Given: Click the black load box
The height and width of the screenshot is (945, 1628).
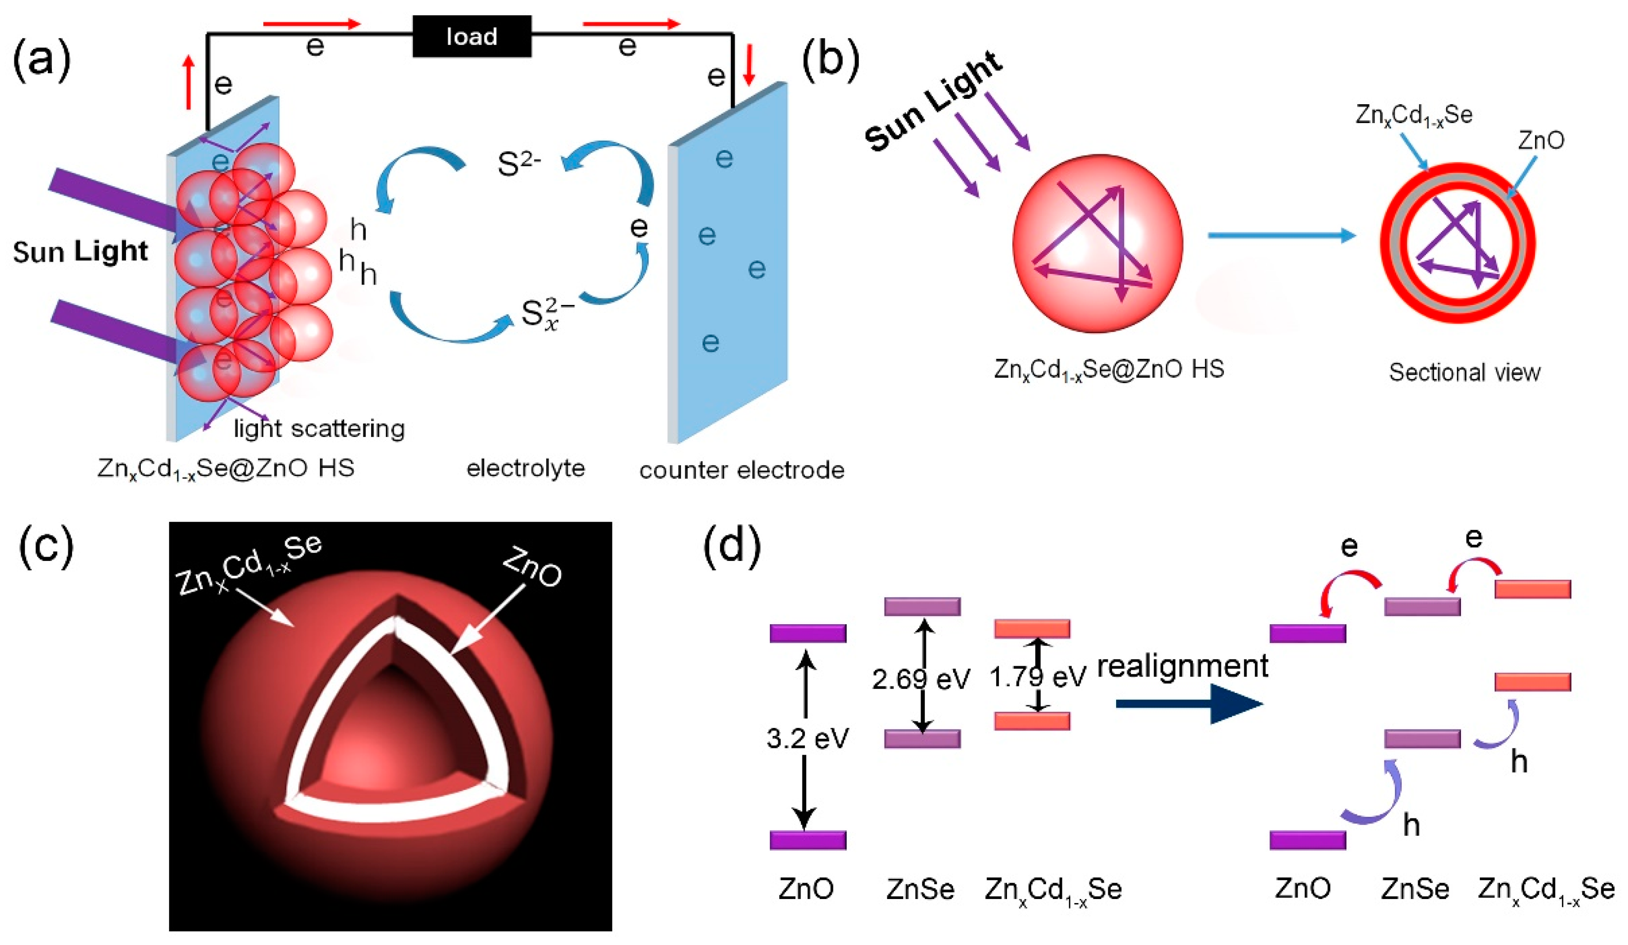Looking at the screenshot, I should coord(472,36).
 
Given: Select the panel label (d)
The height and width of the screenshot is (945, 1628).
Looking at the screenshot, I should coord(731,547).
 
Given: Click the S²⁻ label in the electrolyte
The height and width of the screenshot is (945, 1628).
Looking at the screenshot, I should coord(519,164).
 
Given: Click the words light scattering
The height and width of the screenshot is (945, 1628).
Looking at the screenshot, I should coord(319,429).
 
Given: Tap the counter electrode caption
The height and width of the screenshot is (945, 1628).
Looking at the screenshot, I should coord(742,470).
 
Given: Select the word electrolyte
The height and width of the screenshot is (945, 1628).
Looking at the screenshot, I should coord(525,468).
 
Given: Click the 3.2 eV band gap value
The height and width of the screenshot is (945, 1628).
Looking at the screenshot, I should coord(807,738).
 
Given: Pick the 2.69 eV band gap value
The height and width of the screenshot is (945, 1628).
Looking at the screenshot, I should coord(920,679).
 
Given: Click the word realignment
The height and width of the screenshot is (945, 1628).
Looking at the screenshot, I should coord(1182,666).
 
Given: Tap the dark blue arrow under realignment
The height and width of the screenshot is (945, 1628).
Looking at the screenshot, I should coord(1189,703).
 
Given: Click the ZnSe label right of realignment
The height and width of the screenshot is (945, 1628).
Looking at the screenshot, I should coord(1415,889).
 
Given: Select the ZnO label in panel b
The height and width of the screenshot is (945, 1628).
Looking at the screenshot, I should coord(1541,140).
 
